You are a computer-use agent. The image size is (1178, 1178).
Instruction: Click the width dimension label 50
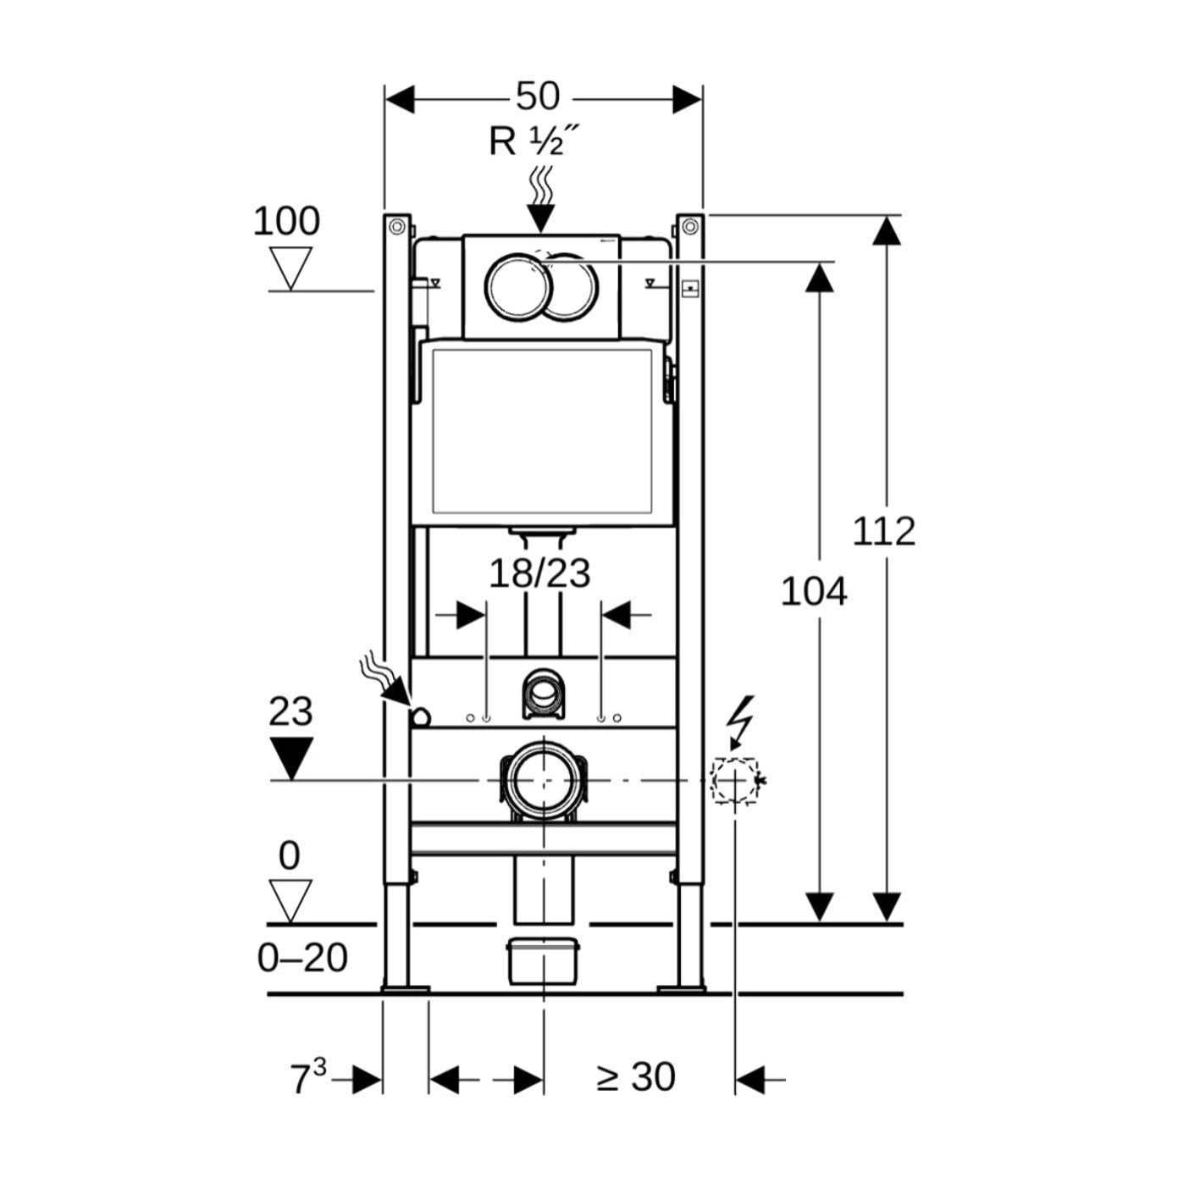pos(538,97)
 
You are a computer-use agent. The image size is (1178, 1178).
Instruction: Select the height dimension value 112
pos(883,532)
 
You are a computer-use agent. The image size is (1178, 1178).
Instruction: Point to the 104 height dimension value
pos(813,592)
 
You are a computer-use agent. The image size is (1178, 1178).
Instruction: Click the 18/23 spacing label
pos(539,573)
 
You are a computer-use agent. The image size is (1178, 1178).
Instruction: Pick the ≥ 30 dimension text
pos(636,1077)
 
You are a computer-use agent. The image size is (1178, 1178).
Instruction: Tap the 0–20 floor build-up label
pos(302,958)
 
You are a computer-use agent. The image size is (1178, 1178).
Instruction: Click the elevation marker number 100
pos(286,221)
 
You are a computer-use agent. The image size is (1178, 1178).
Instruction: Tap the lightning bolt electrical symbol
pos(740,720)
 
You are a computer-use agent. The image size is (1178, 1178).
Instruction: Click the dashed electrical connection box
pos(734,780)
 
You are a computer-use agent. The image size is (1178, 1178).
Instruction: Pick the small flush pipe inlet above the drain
pos(542,692)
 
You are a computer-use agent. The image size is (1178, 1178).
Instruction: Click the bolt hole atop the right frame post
pos(690,226)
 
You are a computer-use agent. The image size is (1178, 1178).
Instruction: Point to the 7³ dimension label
pos(308,1077)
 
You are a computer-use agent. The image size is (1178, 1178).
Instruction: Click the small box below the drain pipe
pos(542,961)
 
